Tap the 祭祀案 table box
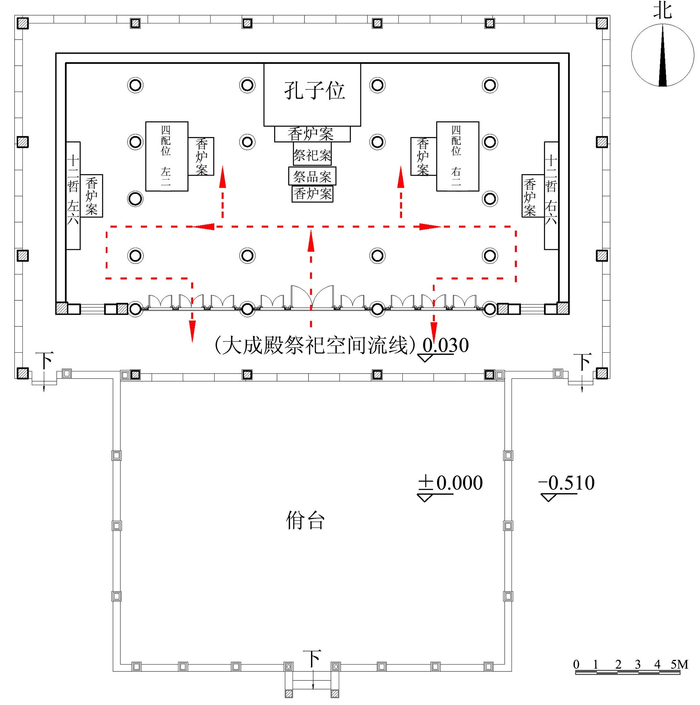(312, 155)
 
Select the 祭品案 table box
(312, 177)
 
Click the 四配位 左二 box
(167, 156)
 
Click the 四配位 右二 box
(457, 156)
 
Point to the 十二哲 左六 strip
(73, 196)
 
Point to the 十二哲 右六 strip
(551, 196)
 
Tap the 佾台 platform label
(305, 520)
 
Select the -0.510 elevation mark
(566, 484)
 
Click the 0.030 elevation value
(446, 345)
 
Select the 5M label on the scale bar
(679, 665)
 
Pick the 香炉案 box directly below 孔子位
(312, 134)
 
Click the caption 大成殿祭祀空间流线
(314, 345)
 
